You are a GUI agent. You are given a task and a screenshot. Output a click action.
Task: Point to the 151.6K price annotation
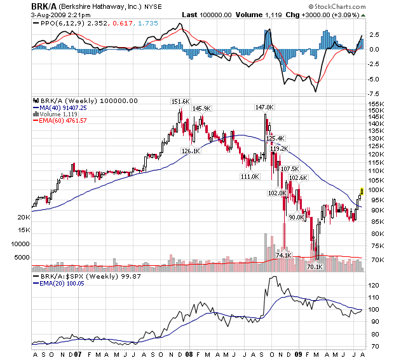(180, 101)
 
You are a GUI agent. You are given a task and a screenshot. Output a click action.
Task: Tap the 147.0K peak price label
(264, 107)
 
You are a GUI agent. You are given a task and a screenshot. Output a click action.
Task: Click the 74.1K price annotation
(283, 255)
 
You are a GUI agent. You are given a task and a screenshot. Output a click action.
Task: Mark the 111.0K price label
(249, 176)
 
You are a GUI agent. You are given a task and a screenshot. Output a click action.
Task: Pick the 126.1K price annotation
(190, 151)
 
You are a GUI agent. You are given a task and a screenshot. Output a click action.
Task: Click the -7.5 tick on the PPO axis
(374, 93)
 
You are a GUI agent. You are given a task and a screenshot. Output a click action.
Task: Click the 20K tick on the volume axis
(24, 217)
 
